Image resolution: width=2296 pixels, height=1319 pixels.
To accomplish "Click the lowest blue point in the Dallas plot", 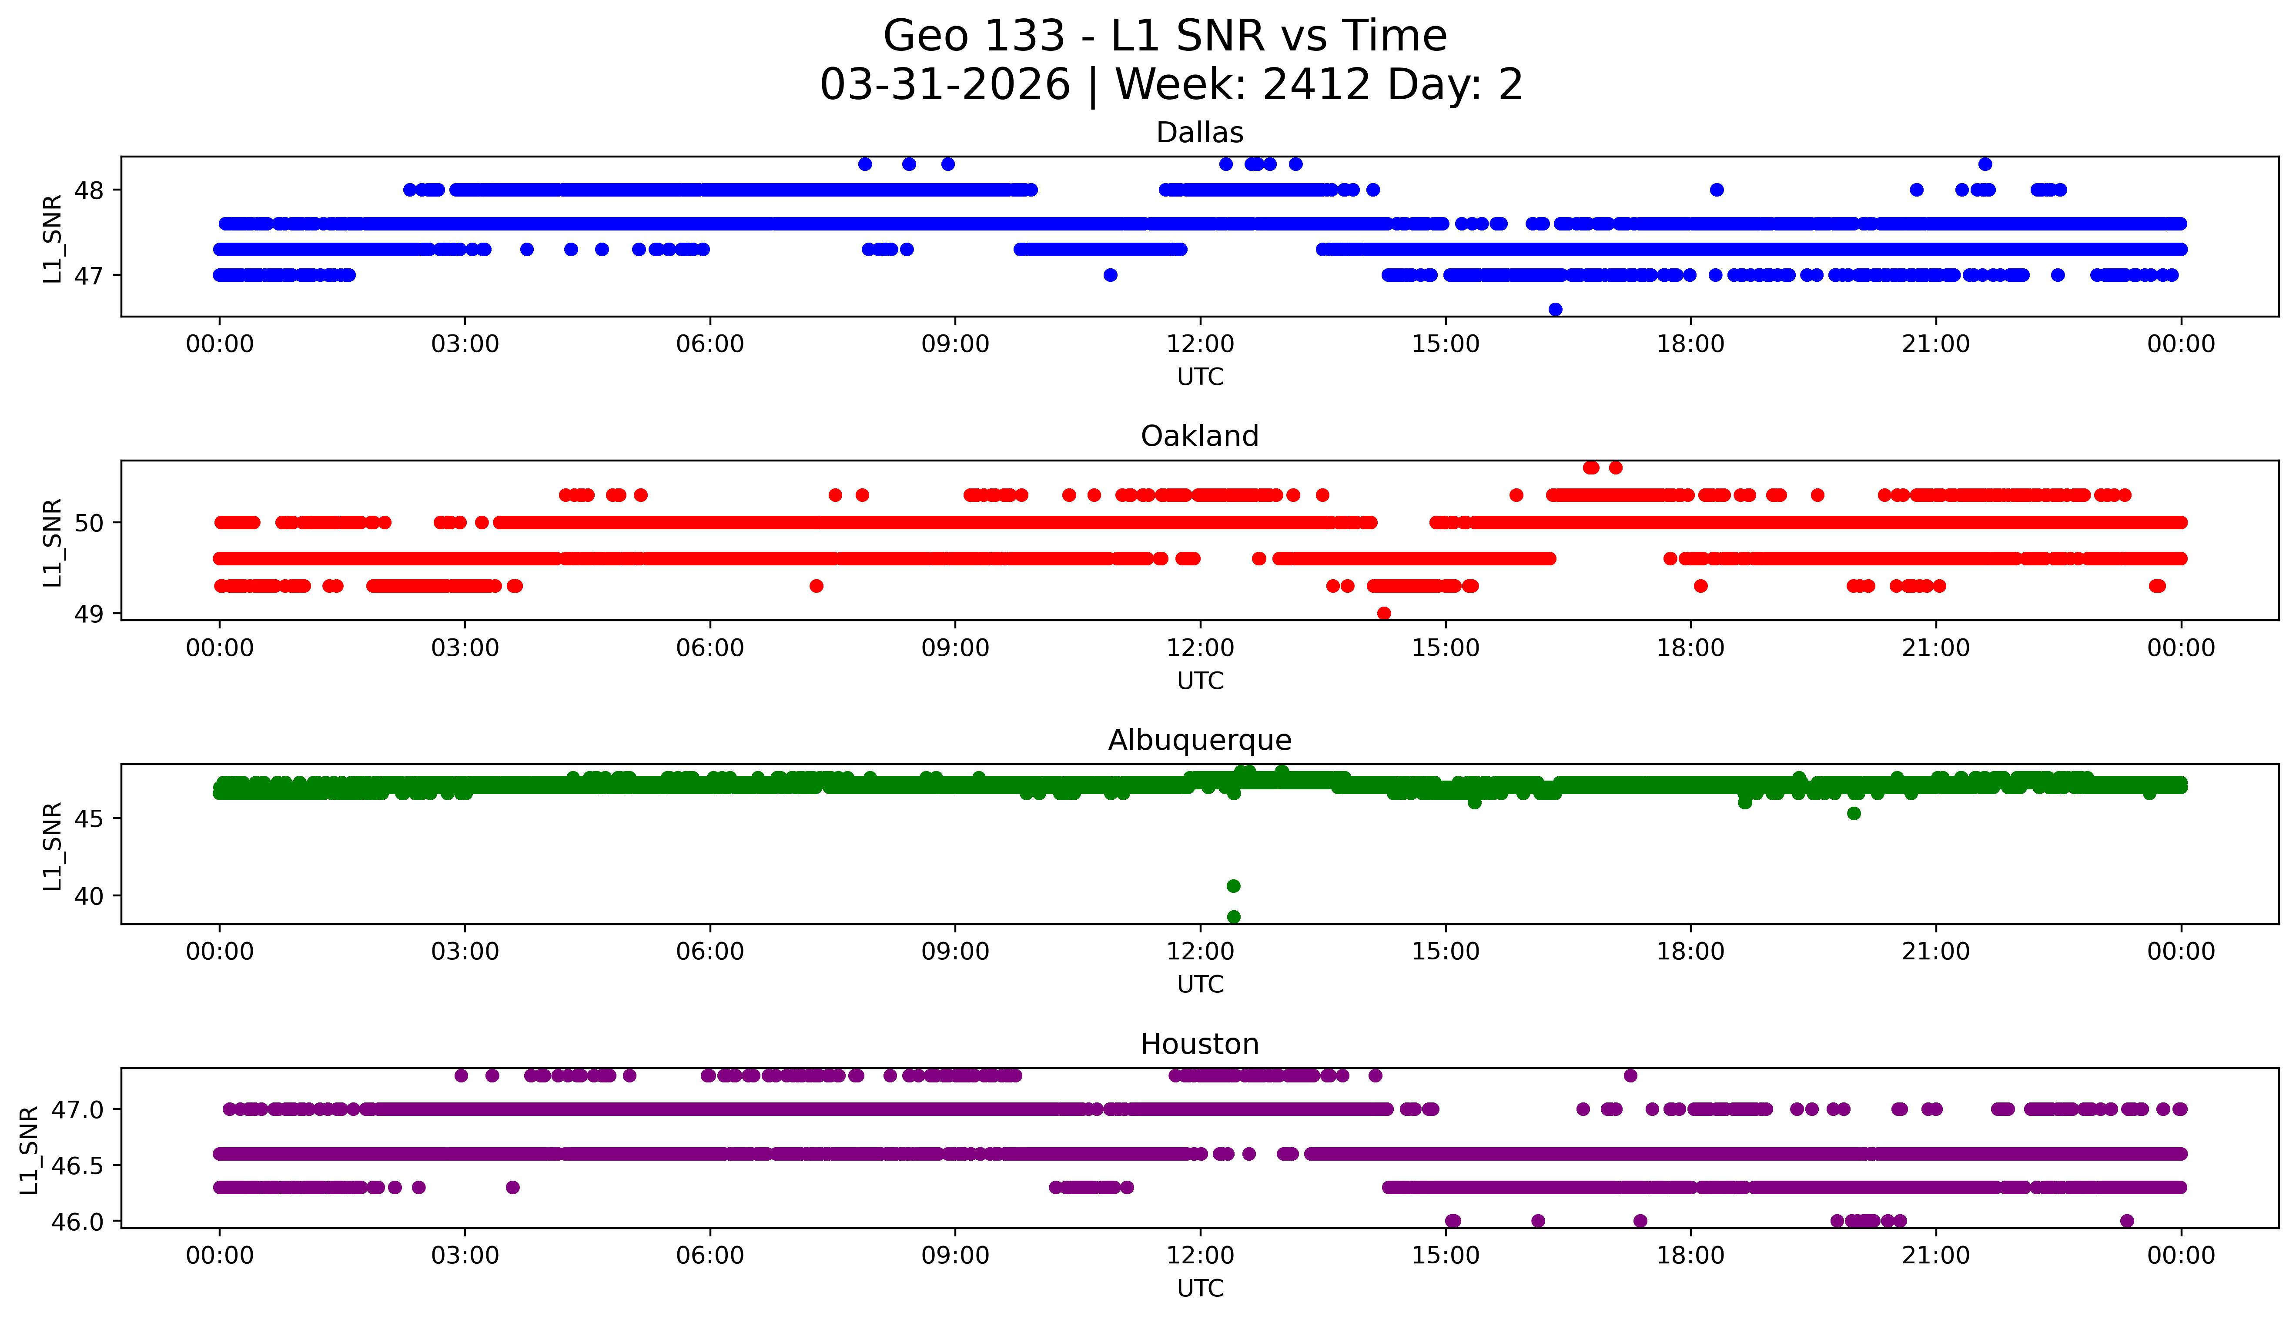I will tap(1555, 310).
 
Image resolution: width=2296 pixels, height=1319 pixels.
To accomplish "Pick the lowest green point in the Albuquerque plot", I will tap(1233, 917).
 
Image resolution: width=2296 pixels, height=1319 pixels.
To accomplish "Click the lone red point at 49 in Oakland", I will tap(1384, 613).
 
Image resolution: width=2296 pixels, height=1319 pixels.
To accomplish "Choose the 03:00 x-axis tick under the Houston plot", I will tap(465, 1256).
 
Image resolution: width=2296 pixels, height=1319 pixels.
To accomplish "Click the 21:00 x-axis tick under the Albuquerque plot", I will tap(1935, 952).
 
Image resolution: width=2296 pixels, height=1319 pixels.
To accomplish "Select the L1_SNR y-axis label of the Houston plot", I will tap(29, 1149).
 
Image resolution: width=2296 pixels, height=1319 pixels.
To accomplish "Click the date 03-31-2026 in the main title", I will tap(945, 85).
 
